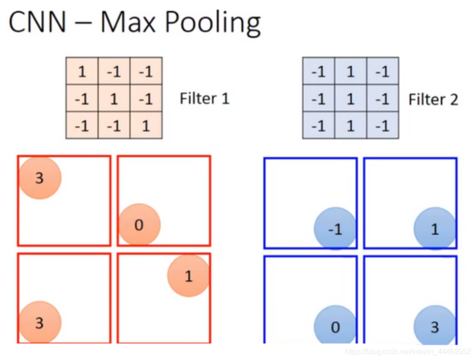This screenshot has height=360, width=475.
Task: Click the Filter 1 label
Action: coord(204,98)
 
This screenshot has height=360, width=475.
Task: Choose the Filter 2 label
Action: coord(433,99)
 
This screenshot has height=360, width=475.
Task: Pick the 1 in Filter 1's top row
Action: coord(82,72)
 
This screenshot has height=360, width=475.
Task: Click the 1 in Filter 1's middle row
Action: coord(114,98)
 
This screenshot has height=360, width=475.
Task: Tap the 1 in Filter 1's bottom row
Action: coord(146,125)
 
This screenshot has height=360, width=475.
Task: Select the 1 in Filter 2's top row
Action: coord(351,72)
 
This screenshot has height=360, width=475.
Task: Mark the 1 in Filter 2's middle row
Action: coord(351,98)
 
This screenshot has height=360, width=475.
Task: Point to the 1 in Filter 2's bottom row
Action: coord(351,125)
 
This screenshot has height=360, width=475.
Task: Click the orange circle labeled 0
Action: coord(139,225)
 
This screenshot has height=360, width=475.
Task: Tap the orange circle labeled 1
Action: coord(189,276)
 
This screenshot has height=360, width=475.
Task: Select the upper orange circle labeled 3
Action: coord(40,178)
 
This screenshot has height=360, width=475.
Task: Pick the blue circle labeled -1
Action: coord(335,229)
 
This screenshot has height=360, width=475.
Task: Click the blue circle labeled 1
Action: coord(434,229)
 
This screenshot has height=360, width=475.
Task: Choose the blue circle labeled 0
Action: coord(335,327)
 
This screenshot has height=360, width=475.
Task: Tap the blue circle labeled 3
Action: coord(434,327)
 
